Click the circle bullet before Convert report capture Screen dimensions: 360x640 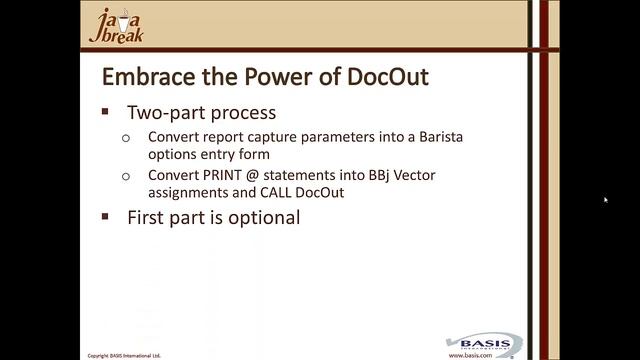tap(126, 138)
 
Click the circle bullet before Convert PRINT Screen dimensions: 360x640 tap(126, 176)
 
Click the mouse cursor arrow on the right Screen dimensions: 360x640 tap(606, 200)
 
